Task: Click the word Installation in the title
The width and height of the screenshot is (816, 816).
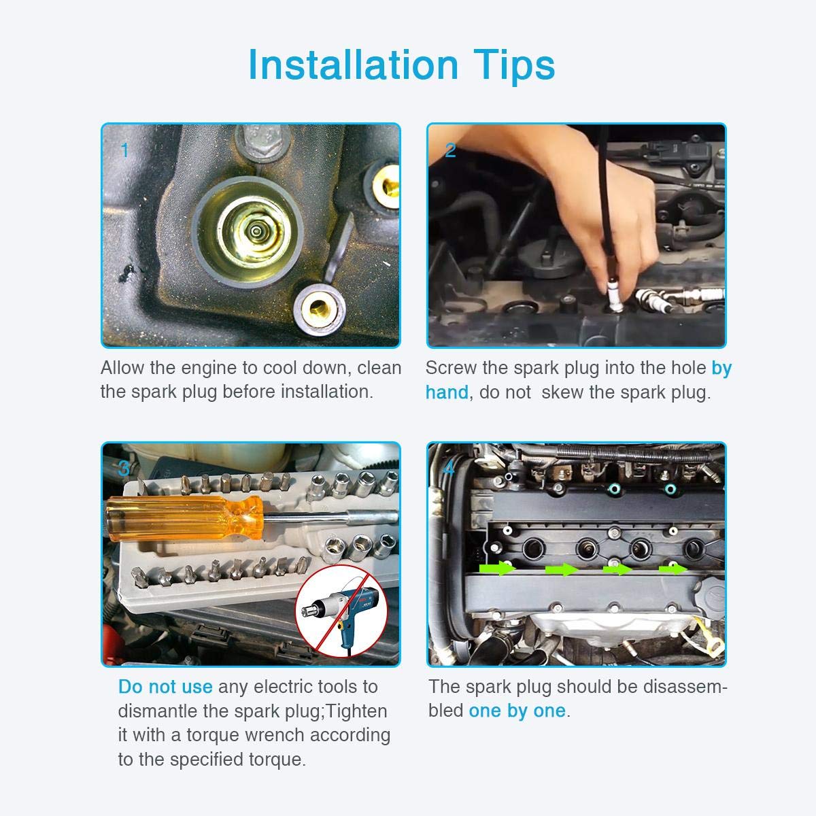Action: pos(354,65)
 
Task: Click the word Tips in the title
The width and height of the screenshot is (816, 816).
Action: pos(514,66)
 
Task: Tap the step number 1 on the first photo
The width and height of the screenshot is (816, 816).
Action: pos(125,150)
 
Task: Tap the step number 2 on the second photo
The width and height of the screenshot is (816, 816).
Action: pos(450,150)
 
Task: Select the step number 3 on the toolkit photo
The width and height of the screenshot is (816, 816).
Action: pos(124,469)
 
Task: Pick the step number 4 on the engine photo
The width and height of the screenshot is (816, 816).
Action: pos(449,469)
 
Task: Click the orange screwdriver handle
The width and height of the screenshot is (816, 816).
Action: pos(184,518)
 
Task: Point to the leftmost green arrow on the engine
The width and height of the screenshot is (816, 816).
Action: pos(497,568)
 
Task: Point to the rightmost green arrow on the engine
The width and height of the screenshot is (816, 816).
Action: pos(673,568)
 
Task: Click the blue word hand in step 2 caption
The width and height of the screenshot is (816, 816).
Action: pos(447,392)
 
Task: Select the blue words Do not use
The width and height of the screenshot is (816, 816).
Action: pos(165,687)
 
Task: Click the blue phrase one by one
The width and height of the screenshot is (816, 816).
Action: pos(517,711)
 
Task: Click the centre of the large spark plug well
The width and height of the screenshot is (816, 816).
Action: pos(256,231)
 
